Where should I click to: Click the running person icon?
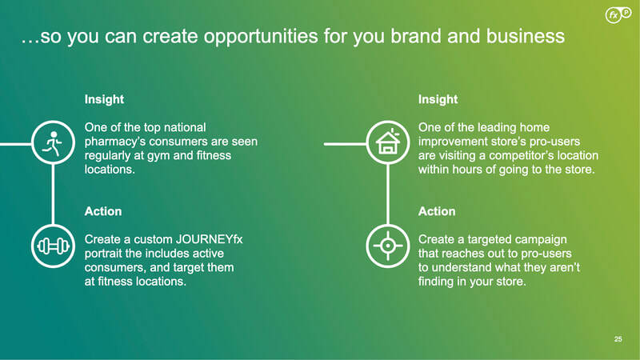point(53,142)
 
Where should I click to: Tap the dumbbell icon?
point(53,246)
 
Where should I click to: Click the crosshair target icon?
point(388,246)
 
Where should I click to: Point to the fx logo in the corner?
point(618,15)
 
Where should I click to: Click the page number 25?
point(618,338)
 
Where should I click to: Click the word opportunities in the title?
point(261,36)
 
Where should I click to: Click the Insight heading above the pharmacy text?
point(104,99)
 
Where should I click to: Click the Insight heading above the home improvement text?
point(438,99)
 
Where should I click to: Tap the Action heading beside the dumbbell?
point(103,211)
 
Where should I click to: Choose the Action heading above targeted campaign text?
point(437,211)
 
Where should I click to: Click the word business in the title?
point(526,36)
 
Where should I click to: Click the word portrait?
point(103,254)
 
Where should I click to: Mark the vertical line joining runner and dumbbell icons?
point(53,194)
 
